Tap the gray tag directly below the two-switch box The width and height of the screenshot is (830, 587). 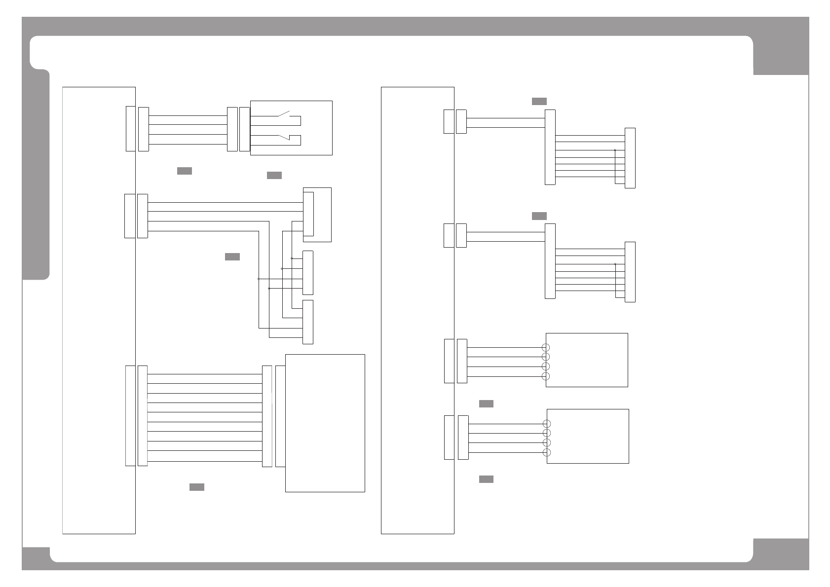tap(274, 175)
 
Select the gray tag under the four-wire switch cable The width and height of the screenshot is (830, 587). tap(184, 171)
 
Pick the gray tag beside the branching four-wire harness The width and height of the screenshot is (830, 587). tap(232, 257)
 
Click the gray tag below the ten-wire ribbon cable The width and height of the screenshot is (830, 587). tap(197, 487)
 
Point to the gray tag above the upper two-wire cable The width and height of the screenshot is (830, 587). tap(539, 101)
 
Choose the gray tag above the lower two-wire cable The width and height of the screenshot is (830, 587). tap(539, 216)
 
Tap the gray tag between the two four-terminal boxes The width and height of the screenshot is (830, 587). tap(486, 404)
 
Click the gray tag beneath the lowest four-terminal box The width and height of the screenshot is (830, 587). tap(486, 479)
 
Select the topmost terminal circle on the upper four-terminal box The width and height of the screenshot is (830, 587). tap(546, 348)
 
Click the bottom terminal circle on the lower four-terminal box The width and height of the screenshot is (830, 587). tap(546, 452)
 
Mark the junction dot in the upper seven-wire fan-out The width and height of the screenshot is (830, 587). tap(615, 150)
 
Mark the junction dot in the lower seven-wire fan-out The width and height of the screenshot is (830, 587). tap(615, 264)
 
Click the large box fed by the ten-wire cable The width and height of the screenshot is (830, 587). tap(325, 423)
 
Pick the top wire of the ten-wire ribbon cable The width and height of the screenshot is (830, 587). tap(204, 374)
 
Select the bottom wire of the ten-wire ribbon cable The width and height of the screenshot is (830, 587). tap(204, 461)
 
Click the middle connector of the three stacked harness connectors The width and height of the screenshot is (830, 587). tap(308, 273)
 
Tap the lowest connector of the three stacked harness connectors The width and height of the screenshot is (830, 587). tap(308, 322)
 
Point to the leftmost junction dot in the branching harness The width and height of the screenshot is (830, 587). tap(259, 279)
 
